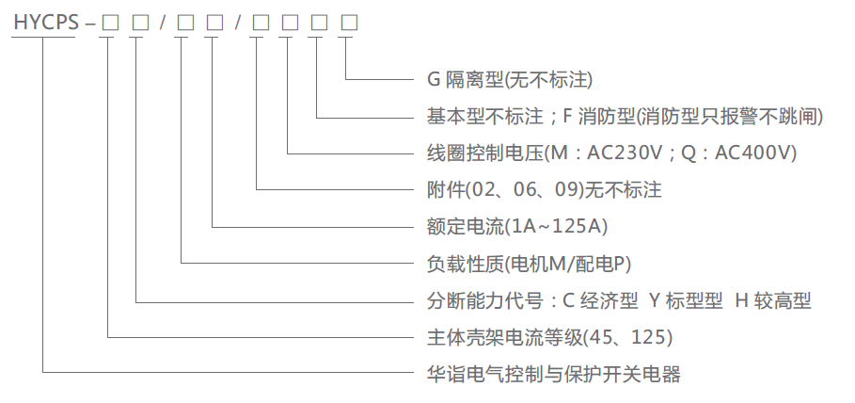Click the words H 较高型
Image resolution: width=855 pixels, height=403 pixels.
click(772, 300)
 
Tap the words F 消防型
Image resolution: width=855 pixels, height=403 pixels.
click(598, 116)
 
